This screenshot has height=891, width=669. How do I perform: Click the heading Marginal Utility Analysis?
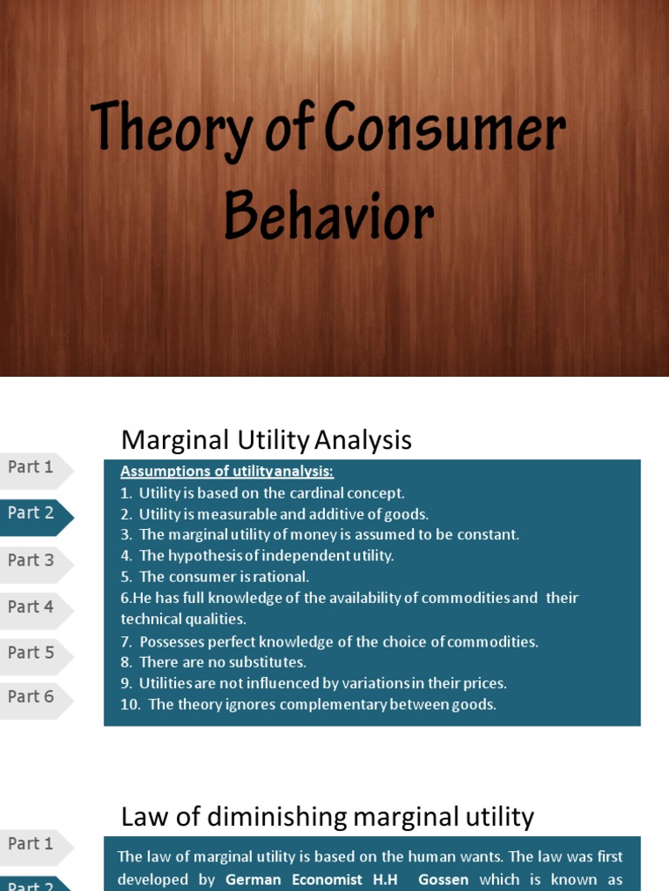266,440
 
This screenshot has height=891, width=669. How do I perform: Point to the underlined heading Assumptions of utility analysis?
226,472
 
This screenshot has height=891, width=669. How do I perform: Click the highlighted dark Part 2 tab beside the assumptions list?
31,513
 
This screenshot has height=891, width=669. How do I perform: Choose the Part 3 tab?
31,560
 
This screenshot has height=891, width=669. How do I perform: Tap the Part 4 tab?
31,606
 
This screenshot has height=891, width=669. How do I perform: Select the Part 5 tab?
31,653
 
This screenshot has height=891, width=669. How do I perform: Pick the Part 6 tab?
31,697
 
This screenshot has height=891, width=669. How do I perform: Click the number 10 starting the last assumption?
130,705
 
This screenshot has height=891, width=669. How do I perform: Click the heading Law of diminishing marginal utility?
327,817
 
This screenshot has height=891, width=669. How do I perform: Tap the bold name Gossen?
444,880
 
